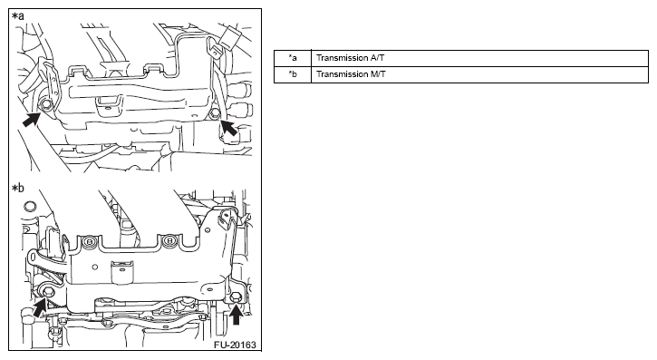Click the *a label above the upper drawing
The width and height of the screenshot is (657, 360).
tap(18, 16)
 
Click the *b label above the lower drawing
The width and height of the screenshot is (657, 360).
tap(18, 189)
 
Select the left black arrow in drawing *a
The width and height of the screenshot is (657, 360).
tap(31, 120)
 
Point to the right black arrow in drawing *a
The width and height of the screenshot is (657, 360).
tap(228, 127)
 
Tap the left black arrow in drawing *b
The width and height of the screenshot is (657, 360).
tap(39, 307)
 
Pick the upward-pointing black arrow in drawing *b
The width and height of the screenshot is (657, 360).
tap(237, 315)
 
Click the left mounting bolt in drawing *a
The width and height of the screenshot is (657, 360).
tap(46, 105)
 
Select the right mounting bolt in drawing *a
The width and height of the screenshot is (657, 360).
tap(215, 113)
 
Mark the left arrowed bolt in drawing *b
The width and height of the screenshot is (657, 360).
tap(47, 291)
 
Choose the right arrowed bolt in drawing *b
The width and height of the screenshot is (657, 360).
tap(236, 298)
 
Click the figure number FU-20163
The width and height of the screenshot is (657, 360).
tap(235, 345)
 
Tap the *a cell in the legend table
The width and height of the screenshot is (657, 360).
tap(293, 58)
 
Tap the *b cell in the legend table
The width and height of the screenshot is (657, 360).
tap(293, 74)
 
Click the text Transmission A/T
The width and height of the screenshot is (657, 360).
tap(350, 58)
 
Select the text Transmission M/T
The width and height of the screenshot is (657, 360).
tap(351, 74)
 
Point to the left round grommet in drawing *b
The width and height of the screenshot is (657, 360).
tap(89, 241)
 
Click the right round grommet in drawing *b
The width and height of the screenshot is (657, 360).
tap(169, 240)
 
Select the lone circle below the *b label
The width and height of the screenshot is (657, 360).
tap(29, 206)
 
